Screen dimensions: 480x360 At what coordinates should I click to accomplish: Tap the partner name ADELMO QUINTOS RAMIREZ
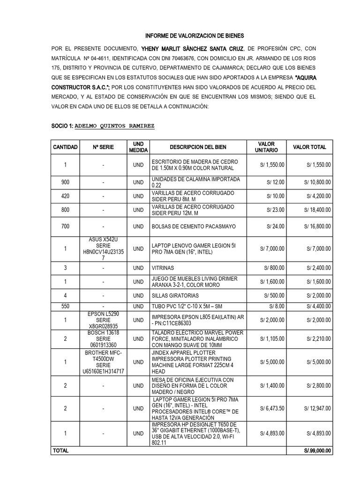coord(114,127)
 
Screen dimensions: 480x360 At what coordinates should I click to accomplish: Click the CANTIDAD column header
coord(65,147)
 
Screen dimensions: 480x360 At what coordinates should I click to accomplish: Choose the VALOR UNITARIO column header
coord(266,147)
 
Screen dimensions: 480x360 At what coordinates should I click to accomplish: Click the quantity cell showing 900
coord(65,182)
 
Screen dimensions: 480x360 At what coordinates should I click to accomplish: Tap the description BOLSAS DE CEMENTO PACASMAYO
coord(194,227)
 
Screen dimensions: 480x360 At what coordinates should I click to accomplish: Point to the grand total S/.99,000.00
coord(317,450)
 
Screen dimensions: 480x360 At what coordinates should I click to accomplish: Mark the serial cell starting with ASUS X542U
coord(104,249)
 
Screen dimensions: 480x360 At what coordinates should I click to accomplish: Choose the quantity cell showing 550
coord(65,306)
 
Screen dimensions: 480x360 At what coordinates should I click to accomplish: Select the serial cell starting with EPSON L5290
coord(104,320)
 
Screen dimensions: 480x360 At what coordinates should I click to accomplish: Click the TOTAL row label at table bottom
coord(60,450)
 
